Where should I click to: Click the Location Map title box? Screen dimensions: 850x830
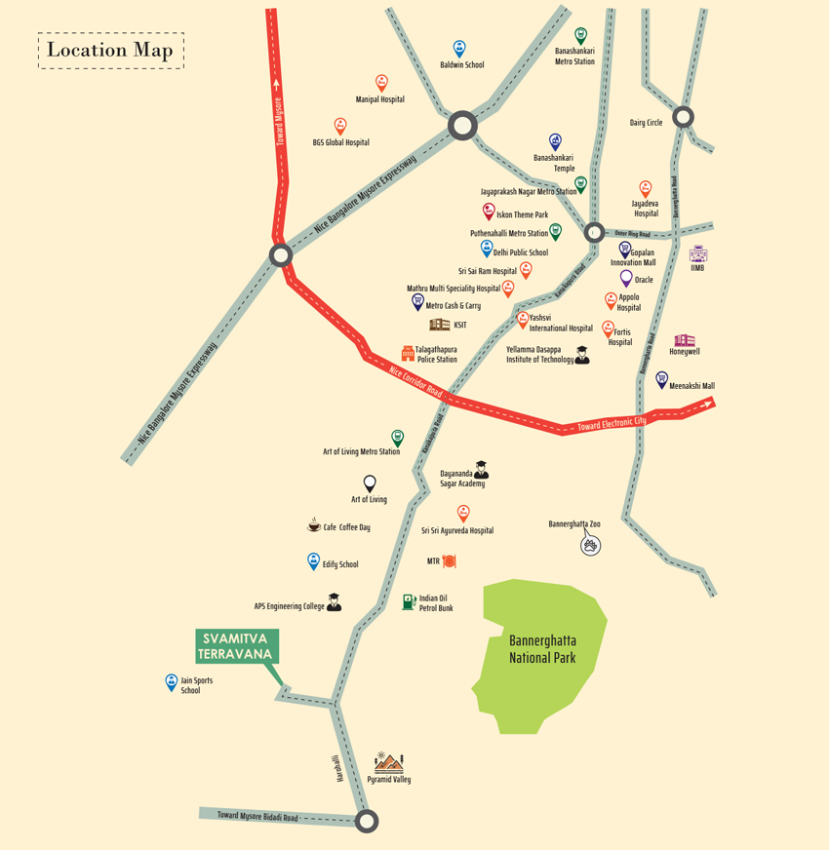110,50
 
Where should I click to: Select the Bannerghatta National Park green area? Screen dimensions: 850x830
540,653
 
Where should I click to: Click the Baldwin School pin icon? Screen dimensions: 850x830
459,48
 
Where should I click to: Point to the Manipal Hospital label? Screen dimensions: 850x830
379,99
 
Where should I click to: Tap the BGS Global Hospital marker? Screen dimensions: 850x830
340,126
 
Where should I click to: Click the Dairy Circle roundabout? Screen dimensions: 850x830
683,117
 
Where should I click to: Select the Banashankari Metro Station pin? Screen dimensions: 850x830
581,36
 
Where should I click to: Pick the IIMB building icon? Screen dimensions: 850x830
697,253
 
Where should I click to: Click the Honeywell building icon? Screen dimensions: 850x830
685,340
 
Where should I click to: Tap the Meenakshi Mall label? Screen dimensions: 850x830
692,386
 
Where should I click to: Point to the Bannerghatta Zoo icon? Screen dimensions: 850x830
590,545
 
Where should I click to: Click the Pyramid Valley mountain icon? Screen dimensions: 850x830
388,762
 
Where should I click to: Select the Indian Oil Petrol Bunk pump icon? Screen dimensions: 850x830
409,601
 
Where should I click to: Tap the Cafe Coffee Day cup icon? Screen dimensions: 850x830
314,525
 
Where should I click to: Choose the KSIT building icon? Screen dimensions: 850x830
439,325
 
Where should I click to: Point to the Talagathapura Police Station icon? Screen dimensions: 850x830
408,352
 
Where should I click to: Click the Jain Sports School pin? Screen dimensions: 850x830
172,682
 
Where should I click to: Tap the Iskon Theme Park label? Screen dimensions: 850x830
523,214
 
